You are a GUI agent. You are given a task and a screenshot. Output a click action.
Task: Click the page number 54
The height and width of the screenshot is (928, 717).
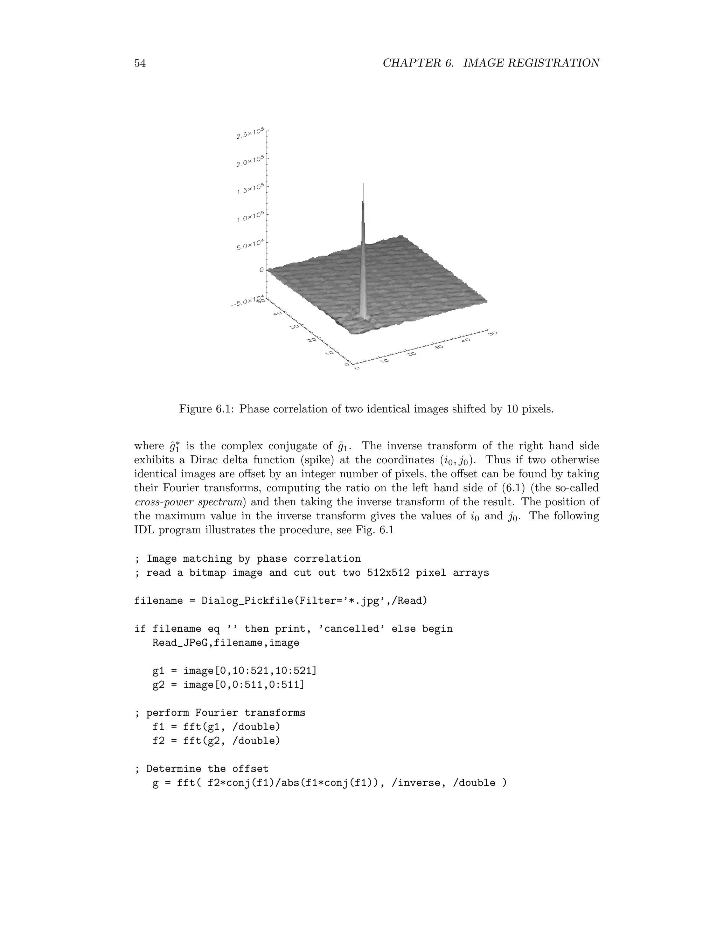coord(140,63)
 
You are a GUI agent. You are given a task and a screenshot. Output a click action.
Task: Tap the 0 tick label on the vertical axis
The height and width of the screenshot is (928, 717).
coord(261,270)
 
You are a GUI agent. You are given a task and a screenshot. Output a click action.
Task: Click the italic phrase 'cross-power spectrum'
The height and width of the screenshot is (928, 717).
coord(190,502)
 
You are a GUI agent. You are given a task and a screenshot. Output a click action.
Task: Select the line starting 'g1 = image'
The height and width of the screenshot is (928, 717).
coord(234,671)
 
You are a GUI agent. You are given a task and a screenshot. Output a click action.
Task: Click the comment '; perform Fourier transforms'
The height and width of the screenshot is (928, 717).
coord(220,713)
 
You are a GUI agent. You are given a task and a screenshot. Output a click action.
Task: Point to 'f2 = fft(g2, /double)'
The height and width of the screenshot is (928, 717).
coord(216,741)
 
